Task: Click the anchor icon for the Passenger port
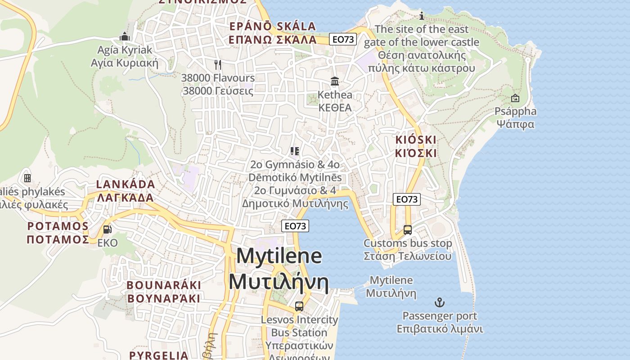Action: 439,302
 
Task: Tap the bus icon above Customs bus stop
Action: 407,230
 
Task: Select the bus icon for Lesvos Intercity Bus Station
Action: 299,306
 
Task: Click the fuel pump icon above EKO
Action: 108,229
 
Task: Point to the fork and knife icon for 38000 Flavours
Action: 218,65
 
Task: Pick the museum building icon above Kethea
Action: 335,81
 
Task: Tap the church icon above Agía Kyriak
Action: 125,36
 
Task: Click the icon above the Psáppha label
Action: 515,98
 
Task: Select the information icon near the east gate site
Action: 422,16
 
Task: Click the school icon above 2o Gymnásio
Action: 295,151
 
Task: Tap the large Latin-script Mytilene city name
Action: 279,256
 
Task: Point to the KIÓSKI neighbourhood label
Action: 416,139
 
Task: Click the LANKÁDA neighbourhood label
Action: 126,184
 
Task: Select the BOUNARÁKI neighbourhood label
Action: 163,285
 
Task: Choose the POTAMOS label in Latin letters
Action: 58,225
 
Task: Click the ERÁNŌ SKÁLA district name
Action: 273,26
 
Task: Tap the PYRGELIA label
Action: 159,355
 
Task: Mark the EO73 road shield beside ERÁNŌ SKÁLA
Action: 342,39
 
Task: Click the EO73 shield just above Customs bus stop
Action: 406,199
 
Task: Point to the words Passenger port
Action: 440,316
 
